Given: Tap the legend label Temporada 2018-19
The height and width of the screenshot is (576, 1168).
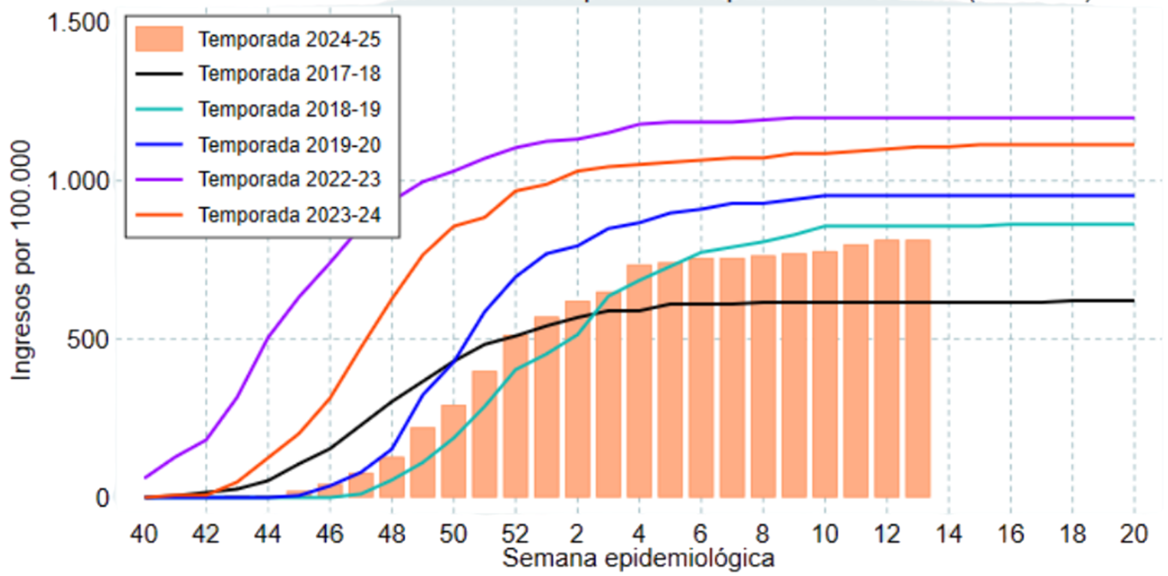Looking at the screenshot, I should tap(289, 109).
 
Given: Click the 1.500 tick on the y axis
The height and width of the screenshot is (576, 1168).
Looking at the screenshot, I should tap(78, 24).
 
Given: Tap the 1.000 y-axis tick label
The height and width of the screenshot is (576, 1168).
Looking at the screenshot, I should tap(78, 182).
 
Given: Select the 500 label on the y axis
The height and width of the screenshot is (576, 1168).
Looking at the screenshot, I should tap(87, 340).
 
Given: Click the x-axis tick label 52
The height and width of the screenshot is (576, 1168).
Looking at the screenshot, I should tap(515, 534).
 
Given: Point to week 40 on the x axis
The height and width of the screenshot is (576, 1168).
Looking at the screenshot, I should tap(144, 534).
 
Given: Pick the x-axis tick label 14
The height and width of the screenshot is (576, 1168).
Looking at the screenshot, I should tap(948, 534).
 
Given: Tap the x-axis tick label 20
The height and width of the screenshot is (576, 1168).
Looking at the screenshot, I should tap(1134, 534).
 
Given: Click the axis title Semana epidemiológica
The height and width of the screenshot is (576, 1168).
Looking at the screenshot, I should tap(638, 558).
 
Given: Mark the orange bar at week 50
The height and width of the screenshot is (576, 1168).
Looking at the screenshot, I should tap(453, 451).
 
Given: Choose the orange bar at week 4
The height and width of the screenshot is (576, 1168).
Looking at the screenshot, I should tap(639, 381).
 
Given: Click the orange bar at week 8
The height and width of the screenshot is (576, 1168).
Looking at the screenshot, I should tap(763, 377).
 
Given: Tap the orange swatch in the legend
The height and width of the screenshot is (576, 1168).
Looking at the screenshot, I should tap(159, 39).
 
